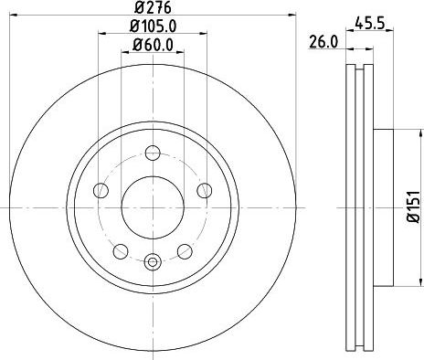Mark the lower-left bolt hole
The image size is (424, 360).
(120, 249)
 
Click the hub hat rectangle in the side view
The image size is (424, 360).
(381, 202)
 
